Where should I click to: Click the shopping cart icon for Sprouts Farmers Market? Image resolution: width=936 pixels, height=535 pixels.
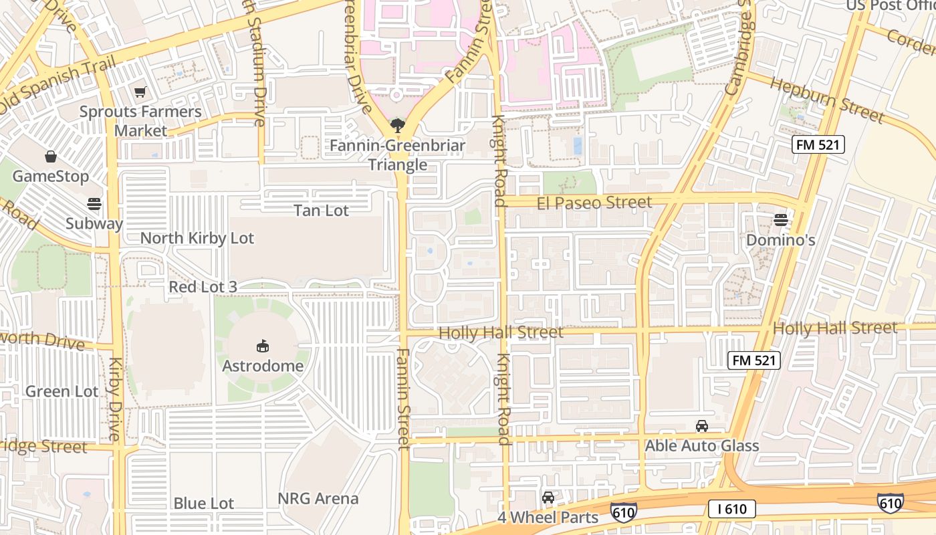(x=140, y=92)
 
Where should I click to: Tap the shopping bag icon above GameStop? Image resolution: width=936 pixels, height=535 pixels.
(x=50, y=157)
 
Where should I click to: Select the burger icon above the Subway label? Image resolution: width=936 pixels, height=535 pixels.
(x=94, y=204)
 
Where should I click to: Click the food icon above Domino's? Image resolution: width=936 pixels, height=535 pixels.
(x=780, y=219)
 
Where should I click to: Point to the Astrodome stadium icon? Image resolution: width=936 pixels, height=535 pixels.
(x=263, y=346)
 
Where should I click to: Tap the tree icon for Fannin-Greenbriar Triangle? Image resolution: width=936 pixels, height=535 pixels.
(x=397, y=124)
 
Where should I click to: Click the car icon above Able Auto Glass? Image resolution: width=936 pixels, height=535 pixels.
(x=702, y=426)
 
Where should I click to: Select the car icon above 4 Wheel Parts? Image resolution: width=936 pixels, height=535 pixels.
(x=548, y=498)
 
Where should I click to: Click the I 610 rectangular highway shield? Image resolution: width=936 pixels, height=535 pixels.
(x=732, y=509)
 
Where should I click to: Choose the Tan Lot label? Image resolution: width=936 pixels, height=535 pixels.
(x=322, y=211)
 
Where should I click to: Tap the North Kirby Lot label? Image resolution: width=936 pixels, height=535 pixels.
(x=197, y=239)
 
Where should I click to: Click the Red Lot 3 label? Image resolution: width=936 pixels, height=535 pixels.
(x=203, y=287)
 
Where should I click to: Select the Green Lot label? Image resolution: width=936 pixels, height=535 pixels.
(x=62, y=391)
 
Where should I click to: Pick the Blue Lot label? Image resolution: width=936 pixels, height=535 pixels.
(x=204, y=504)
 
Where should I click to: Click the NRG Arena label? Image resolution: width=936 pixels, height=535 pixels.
(x=318, y=499)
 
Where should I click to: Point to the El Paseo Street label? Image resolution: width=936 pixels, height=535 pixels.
(x=594, y=202)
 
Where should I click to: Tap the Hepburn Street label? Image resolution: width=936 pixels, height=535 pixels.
(x=827, y=99)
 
